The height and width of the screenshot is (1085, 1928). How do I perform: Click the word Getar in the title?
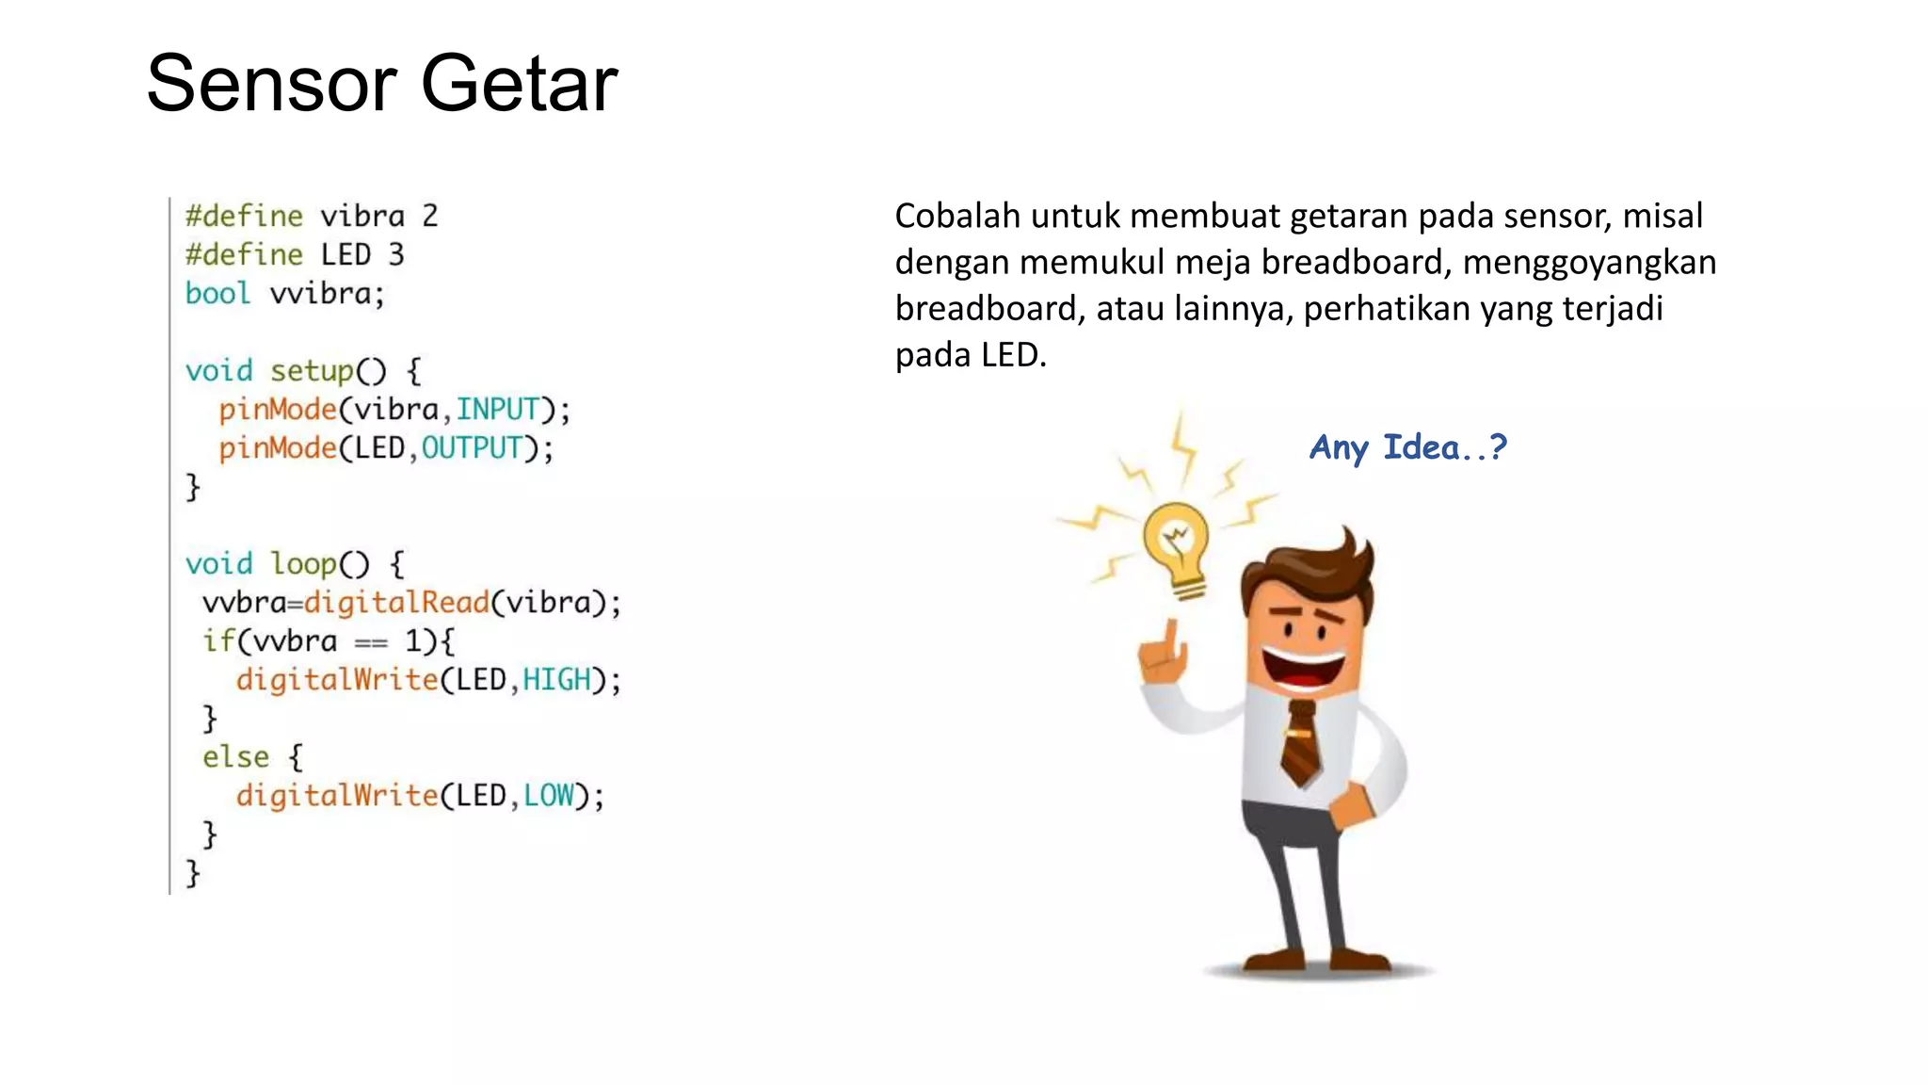[519, 84]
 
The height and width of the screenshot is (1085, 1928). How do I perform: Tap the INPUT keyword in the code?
[498, 410]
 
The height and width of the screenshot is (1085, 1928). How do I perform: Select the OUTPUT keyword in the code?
[472, 448]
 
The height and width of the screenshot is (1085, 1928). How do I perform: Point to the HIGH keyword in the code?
[557, 680]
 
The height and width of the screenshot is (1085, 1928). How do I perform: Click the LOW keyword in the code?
[549, 796]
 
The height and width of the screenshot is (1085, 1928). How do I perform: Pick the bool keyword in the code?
[217, 294]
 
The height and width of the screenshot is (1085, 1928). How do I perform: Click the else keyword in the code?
[235, 757]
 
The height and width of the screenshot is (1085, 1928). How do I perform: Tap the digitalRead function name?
[396, 603]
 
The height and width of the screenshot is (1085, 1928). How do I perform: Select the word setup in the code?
[312, 371]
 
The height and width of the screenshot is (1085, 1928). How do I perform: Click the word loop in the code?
[303, 564]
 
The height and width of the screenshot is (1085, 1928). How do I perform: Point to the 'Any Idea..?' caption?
[1407, 447]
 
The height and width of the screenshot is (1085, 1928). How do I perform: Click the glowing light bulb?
[1177, 546]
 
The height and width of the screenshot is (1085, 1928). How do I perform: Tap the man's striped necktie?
[1300, 744]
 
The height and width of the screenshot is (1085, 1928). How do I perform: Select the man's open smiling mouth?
[1305, 667]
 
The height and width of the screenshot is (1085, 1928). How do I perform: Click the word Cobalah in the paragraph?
[957, 217]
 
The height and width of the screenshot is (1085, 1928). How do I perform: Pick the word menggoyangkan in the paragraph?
[1589, 263]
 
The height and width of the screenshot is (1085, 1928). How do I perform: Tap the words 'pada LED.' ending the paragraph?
[971, 355]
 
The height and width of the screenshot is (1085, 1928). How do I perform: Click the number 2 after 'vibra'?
[430, 217]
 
